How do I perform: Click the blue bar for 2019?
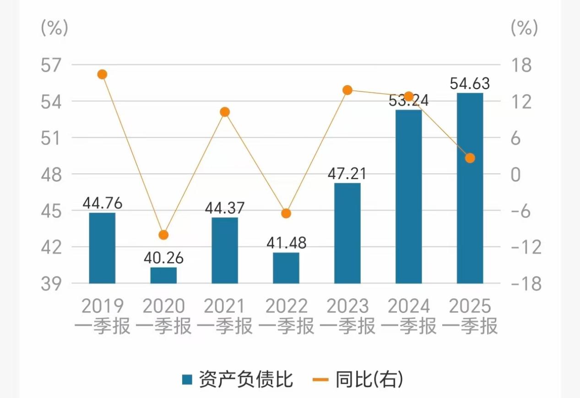[x=102, y=248]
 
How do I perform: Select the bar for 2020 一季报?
[x=163, y=275]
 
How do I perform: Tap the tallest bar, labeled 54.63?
[x=470, y=188]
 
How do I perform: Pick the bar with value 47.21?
[x=347, y=233]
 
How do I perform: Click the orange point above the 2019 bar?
[x=102, y=75]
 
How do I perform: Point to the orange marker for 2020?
[x=163, y=235]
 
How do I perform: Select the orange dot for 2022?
[x=286, y=213]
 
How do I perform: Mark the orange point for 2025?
[x=470, y=158]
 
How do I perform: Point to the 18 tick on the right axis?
[x=521, y=65]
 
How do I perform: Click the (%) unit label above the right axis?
[x=524, y=28]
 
